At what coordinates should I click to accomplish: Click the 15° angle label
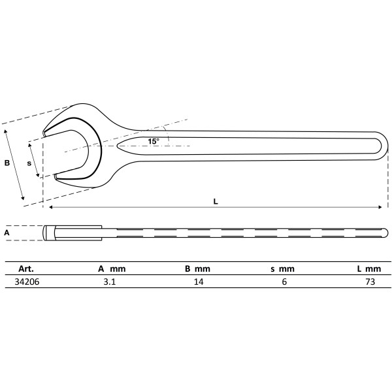click(153, 141)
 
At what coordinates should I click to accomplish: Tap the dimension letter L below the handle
click(216, 201)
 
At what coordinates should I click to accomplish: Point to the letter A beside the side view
click(7, 232)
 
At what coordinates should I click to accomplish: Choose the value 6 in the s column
click(283, 282)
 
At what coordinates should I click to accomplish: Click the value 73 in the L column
click(369, 282)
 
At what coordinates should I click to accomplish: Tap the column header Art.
click(26, 268)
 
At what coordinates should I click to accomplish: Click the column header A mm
click(112, 268)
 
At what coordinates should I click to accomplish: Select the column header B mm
click(197, 268)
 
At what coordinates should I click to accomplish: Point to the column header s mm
click(282, 268)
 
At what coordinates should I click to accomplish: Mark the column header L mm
click(368, 268)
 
